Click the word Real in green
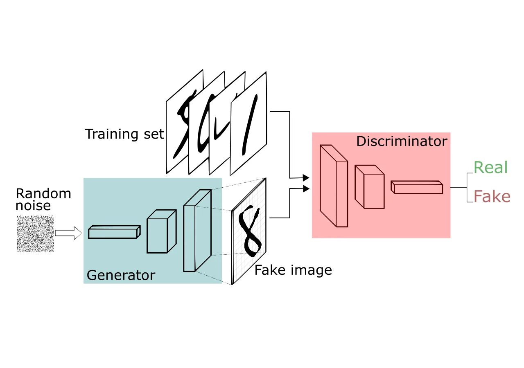[x=490, y=168]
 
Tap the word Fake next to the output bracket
[x=492, y=197]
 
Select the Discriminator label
[x=401, y=141]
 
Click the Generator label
[x=121, y=275]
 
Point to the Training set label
[x=124, y=134]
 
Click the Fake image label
[x=293, y=270]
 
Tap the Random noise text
[x=43, y=199]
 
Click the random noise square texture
[x=35, y=234]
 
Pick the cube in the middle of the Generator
[x=161, y=231]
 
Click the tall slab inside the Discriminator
[x=334, y=186]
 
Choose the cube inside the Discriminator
[x=369, y=186]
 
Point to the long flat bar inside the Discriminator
[x=417, y=187]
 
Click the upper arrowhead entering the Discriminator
[x=306, y=177]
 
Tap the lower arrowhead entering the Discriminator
[x=306, y=188]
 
